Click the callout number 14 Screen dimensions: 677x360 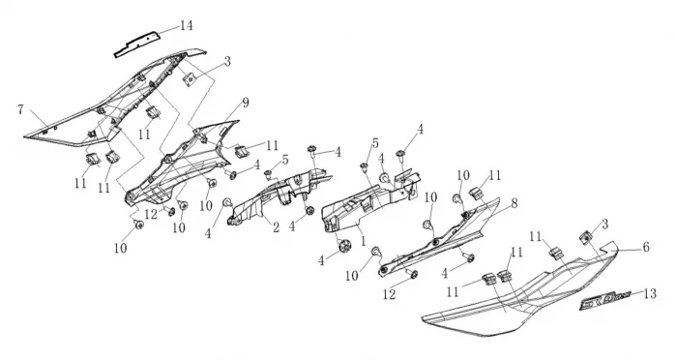tap(186, 25)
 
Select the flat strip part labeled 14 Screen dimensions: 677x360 tap(137, 45)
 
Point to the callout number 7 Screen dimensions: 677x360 tap(20, 109)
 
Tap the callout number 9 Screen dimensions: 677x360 tap(246, 103)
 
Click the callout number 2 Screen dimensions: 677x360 tap(277, 227)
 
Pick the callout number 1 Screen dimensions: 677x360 tap(363, 241)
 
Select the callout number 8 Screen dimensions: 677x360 tap(515, 203)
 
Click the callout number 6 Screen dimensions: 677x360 tap(646, 247)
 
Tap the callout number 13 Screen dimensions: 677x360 tap(650, 294)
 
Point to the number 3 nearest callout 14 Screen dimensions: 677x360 tap(227, 61)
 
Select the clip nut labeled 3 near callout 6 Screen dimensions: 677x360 tap(586, 237)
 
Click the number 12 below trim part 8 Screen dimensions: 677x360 tap(389, 294)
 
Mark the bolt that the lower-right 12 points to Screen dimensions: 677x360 tap(411, 273)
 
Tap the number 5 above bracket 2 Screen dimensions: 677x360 tap(285, 160)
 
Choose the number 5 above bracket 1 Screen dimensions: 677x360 tap(375, 143)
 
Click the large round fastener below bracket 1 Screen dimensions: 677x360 tap(345, 246)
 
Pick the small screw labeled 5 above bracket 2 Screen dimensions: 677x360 tap(269, 173)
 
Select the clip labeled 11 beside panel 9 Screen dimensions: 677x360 tap(241, 151)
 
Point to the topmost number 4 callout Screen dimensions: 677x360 tap(420, 130)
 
